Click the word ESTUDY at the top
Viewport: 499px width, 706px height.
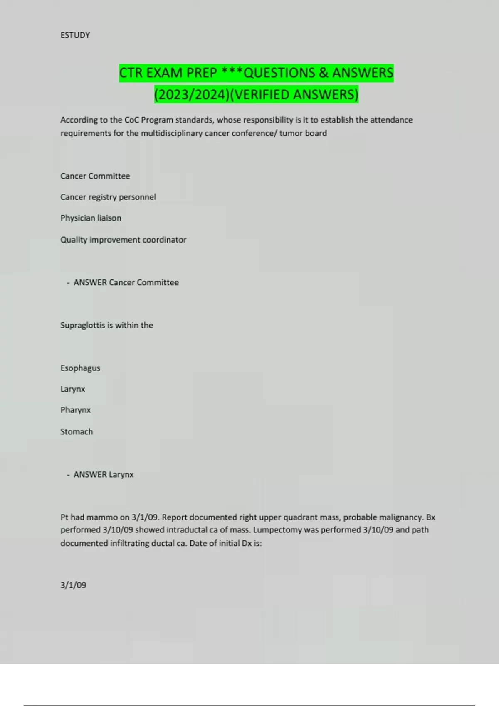(x=75, y=35)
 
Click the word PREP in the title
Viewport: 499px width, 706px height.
(x=201, y=73)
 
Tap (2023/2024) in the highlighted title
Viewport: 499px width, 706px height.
(x=192, y=95)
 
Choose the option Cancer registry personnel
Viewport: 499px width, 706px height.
(x=108, y=197)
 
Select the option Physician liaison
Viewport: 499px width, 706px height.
(x=91, y=218)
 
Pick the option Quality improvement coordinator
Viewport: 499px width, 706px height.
(x=123, y=240)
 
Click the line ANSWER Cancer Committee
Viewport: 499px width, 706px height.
(x=126, y=282)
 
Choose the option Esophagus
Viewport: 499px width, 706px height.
(x=80, y=368)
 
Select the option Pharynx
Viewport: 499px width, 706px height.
(x=75, y=410)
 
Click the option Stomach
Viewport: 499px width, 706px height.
(x=77, y=431)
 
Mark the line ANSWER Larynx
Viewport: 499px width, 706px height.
(x=103, y=474)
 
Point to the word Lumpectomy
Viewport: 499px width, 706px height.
(x=277, y=530)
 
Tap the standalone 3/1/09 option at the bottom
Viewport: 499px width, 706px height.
(x=73, y=585)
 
